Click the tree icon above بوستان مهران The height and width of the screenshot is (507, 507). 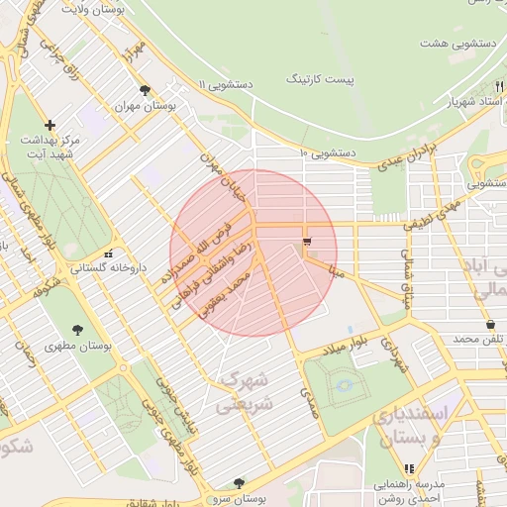146,90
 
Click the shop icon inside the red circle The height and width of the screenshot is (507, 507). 307,241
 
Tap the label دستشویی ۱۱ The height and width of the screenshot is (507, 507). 226,85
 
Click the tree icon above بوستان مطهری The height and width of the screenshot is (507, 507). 78,330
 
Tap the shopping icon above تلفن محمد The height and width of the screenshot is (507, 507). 490,325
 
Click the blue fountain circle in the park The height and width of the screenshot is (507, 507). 344,383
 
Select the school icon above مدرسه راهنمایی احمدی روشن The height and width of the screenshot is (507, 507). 409,469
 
